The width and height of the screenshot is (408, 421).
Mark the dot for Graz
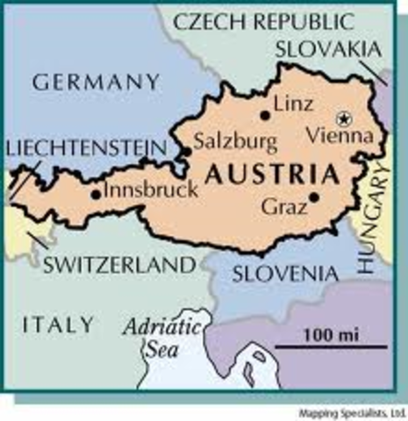coord(313,196)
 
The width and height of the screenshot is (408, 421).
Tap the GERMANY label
coord(97,83)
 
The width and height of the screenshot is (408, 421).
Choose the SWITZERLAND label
coord(119,265)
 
